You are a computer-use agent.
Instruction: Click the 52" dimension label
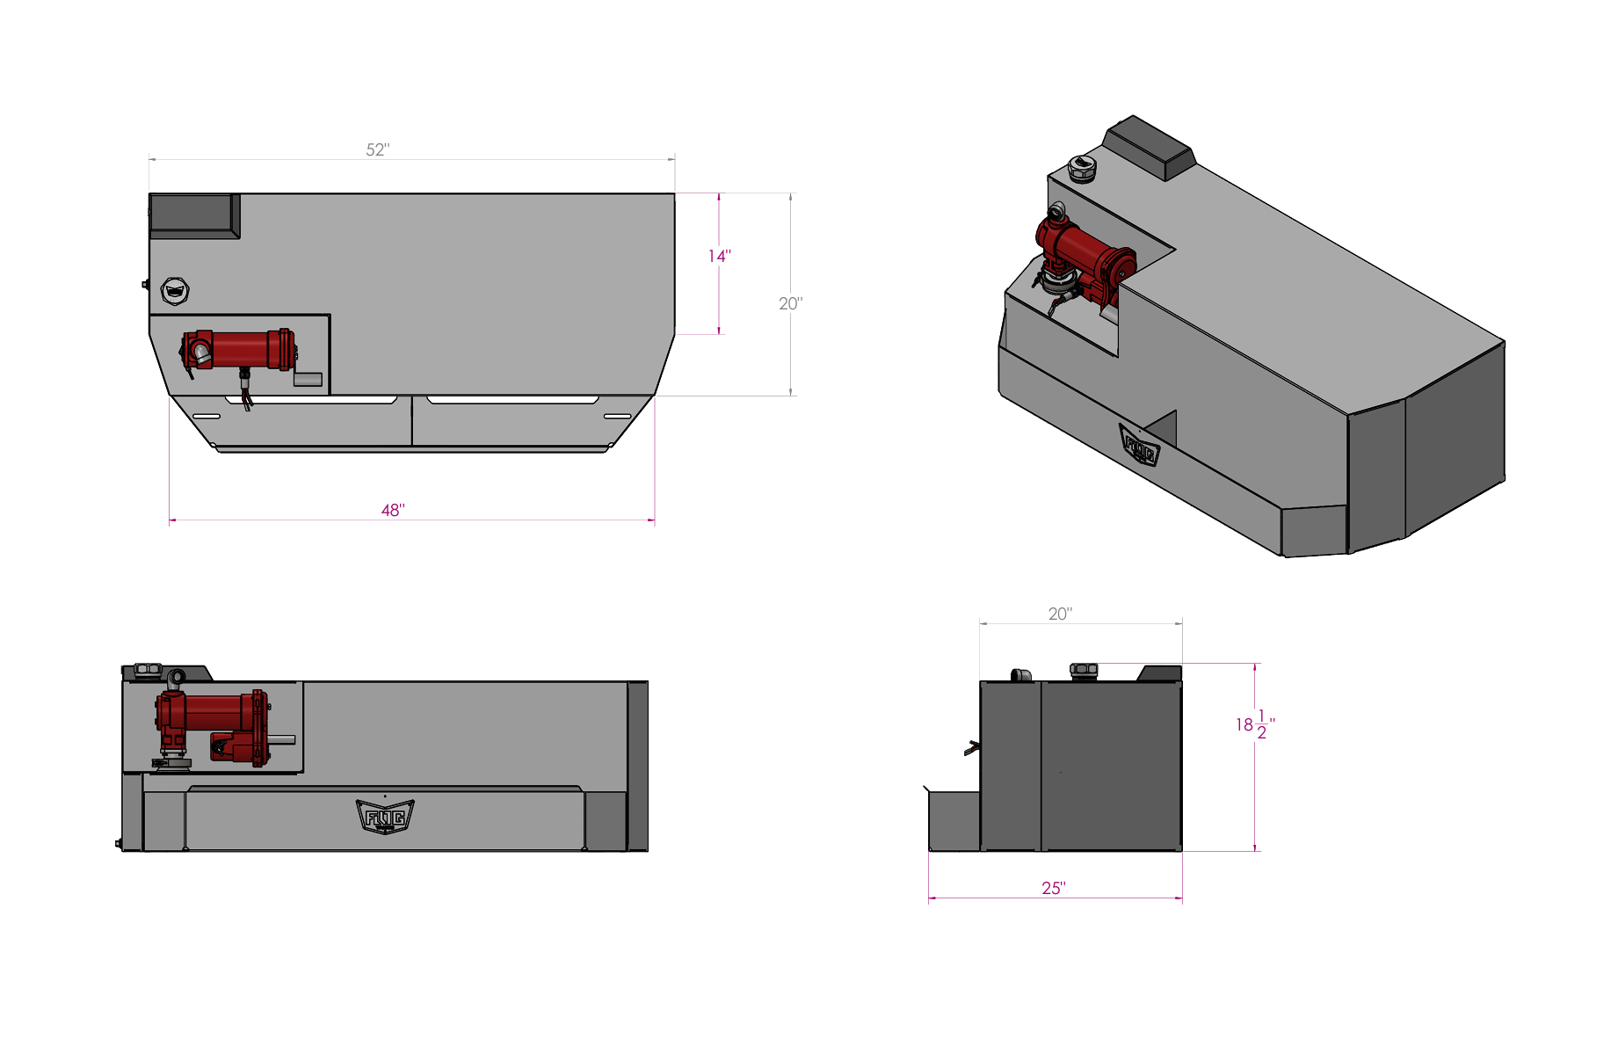point(377,150)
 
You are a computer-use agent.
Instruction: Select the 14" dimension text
point(719,256)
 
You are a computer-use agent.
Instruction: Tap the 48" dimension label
point(392,511)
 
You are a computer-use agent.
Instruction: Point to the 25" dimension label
point(1053,889)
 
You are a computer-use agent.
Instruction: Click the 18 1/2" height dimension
point(1254,725)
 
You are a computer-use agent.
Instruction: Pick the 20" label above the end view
point(1060,614)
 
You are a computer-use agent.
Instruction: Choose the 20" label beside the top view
point(790,303)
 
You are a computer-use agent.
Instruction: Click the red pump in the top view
point(239,350)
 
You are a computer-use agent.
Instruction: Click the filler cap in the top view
point(176,290)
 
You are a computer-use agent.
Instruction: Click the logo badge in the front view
point(385,817)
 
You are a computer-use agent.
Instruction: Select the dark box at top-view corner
point(193,215)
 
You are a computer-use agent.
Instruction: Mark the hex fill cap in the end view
point(1084,670)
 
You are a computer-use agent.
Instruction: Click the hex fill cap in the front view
point(148,670)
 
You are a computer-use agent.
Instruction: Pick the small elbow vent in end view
point(1020,675)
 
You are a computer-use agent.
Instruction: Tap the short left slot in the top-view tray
point(207,416)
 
